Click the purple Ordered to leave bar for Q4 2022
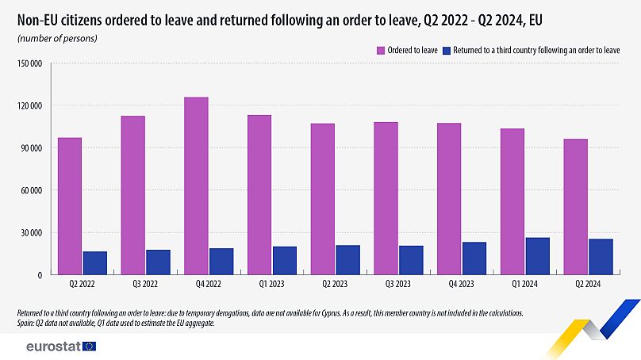click(196, 186)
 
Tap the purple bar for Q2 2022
click(69, 206)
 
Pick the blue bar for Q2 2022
click(94, 263)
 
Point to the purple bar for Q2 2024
click(576, 207)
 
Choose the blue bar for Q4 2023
click(474, 259)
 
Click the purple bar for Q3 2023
click(386, 198)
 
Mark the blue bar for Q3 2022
click(158, 262)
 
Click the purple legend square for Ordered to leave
click(381, 50)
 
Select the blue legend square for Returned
click(447, 50)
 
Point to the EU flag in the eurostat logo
click(88, 347)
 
